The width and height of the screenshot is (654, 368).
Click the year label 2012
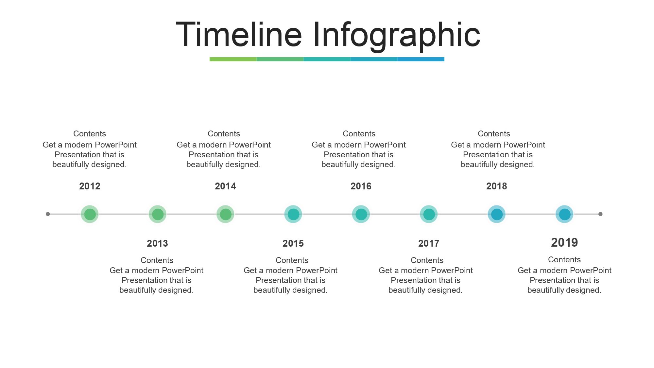[x=90, y=186]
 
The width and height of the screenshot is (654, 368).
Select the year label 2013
[x=157, y=243]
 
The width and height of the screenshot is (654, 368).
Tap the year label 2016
[x=361, y=186]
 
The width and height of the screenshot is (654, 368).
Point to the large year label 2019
[x=564, y=242]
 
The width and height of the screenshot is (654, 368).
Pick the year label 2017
[x=429, y=243]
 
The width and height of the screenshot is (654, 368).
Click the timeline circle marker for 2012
[x=90, y=214]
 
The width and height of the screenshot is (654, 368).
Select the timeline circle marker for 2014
[x=225, y=214]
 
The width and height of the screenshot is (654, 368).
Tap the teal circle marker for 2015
[x=293, y=214]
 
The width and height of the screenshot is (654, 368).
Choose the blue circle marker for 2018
[x=497, y=214]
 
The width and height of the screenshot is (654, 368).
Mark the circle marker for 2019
[x=564, y=214]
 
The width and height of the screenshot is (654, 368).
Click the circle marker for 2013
[x=158, y=214]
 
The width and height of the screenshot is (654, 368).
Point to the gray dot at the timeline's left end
[x=48, y=214]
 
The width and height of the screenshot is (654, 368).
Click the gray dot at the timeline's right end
[x=600, y=214]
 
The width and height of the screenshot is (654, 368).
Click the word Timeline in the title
[x=239, y=34]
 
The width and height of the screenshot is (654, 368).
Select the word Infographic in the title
[x=396, y=36]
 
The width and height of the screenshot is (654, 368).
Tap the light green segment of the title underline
[x=233, y=59]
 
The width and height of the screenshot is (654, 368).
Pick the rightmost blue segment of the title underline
[x=421, y=59]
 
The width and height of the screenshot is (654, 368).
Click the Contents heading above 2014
[x=224, y=134]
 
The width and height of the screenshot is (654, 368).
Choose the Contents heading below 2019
[x=564, y=260]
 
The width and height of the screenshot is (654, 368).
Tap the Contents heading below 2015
[x=292, y=260]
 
